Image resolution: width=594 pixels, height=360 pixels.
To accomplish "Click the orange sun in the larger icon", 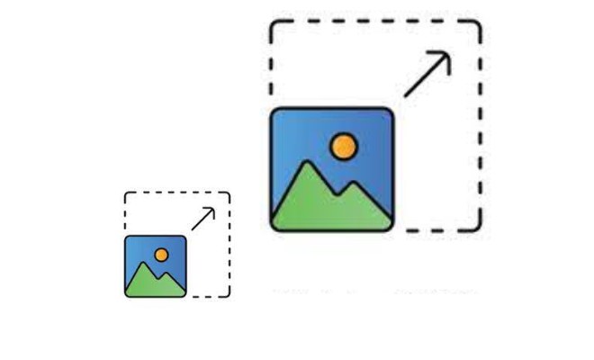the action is point(343,146).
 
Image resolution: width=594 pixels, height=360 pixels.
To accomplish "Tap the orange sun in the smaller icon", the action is point(161,255).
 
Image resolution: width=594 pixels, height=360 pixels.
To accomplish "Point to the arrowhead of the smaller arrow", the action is point(212,210).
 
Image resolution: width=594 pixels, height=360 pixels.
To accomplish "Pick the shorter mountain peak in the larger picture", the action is point(357,184).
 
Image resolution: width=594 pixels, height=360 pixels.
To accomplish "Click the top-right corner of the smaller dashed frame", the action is point(228,193).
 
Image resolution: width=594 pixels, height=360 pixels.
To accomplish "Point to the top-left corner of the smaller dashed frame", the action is point(127,193).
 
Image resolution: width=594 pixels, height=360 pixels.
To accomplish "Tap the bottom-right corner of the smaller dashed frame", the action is point(228,294).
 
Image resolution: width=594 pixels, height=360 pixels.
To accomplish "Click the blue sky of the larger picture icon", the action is point(297,130).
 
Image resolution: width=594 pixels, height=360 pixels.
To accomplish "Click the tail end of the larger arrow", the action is point(406,94).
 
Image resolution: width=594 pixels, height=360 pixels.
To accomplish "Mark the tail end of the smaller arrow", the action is point(192,229).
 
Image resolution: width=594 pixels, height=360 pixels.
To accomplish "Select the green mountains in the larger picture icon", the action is point(324,207).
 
